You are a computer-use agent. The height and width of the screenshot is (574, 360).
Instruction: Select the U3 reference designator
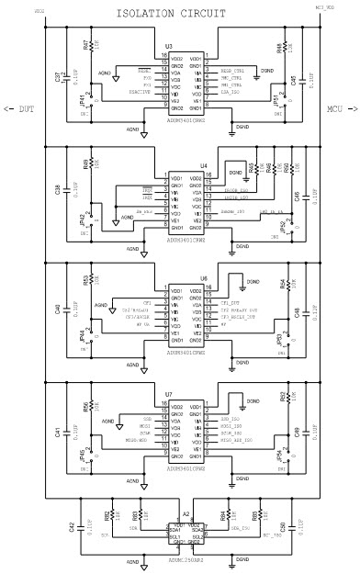[168, 46]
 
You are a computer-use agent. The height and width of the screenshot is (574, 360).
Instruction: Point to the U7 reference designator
[168, 394]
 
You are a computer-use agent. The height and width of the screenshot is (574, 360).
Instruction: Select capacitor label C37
[58, 78]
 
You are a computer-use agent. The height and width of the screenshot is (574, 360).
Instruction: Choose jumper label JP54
[279, 456]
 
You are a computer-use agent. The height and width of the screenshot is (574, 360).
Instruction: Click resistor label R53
[85, 279]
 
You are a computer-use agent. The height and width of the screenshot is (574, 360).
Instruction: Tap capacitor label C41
[58, 431]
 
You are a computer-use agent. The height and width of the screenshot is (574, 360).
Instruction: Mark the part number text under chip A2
[189, 558]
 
